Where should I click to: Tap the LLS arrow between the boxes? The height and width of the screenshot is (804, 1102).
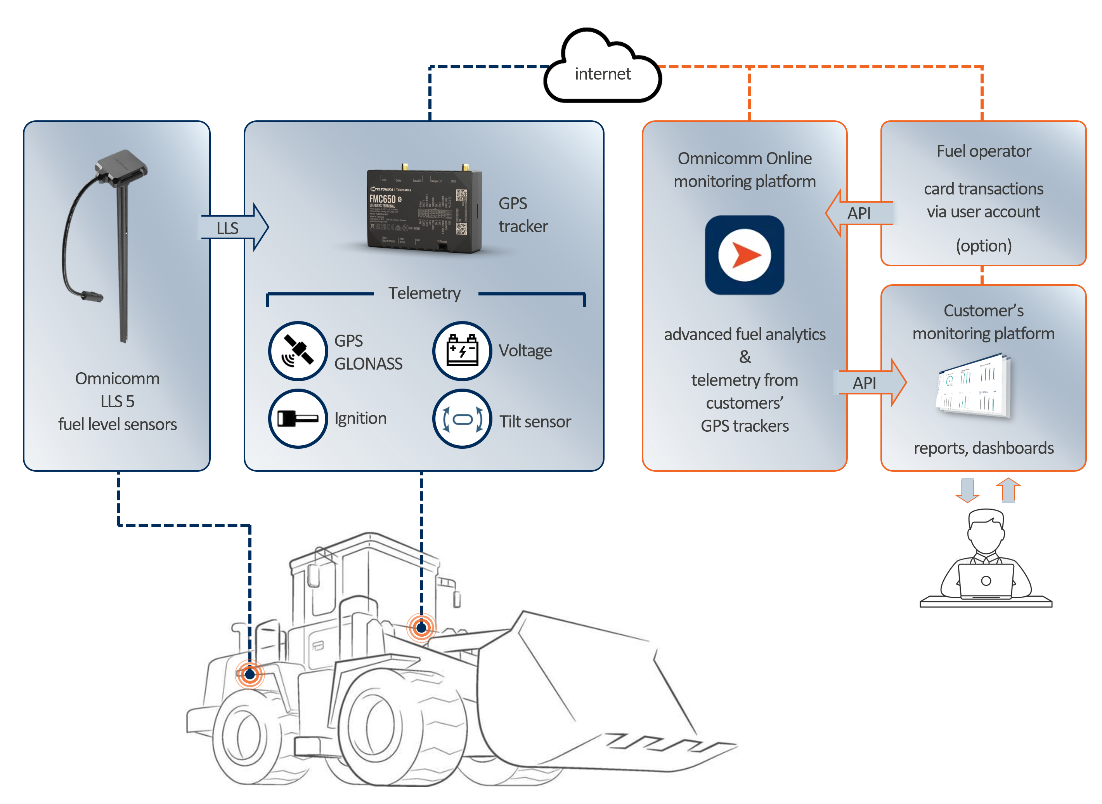(234, 227)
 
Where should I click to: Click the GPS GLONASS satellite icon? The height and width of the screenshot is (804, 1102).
(298, 351)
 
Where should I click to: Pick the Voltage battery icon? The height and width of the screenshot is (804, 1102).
(462, 351)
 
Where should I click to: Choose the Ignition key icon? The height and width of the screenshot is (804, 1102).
(298, 418)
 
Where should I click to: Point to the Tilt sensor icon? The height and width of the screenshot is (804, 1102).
(462, 418)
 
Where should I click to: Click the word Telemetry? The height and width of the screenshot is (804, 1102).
(424, 293)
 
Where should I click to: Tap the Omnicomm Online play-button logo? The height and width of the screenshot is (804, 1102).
(744, 255)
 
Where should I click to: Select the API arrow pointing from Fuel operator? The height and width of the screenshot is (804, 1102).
(859, 213)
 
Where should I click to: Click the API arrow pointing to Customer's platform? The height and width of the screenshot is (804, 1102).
(870, 382)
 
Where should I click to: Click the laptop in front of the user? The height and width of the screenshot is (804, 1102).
(985, 581)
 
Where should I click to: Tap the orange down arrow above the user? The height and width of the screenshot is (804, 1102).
(967, 490)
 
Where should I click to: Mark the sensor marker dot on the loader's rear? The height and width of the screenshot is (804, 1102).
(250, 674)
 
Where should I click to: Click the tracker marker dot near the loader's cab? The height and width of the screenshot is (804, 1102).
(421, 627)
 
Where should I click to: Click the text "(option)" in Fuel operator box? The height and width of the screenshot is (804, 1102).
(983, 246)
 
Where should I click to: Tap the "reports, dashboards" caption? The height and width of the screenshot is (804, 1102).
(983, 448)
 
